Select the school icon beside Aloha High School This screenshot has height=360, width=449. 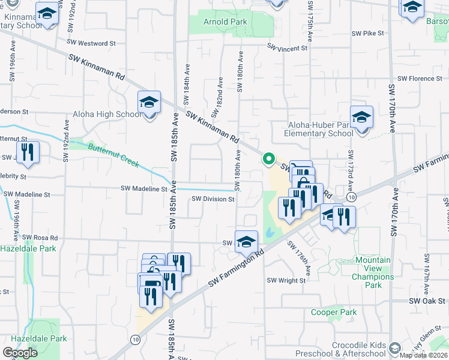coord(149,102)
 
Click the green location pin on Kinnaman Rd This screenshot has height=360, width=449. coord(268,159)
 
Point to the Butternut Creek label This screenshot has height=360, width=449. coord(113,155)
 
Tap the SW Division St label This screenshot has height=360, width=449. coord(212,199)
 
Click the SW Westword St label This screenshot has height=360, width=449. coord(91,43)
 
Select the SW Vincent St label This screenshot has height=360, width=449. coord(288,48)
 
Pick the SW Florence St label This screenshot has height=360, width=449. coord(420,79)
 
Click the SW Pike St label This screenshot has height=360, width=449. coord(369,34)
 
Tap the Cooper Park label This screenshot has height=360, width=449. coord(334,312)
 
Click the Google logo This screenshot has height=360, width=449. coord(20,353)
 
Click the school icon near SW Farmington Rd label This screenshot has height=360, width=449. coord(246,242)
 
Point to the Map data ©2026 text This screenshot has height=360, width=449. coord(424,355)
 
